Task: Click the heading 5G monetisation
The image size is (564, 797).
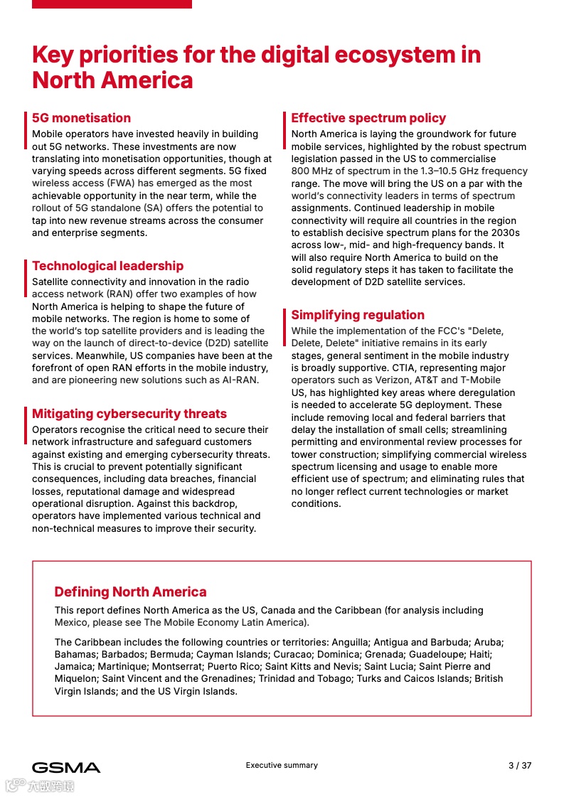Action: [81, 118]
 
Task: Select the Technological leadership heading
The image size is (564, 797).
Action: [107, 266]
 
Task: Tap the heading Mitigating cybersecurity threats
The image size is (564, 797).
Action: [129, 414]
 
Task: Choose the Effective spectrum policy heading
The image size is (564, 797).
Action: [368, 118]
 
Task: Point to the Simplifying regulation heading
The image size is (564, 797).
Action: [358, 315]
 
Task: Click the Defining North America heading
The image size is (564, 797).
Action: [130, 592]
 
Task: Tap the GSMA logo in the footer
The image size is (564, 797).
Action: [66, 767]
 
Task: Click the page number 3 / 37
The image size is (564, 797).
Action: [520, 766]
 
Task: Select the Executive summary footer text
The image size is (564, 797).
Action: [282, 765]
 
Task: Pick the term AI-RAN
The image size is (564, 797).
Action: [239, 380]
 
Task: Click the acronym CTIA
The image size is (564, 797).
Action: [405, 368]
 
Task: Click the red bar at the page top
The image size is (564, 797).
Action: [112, 4]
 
